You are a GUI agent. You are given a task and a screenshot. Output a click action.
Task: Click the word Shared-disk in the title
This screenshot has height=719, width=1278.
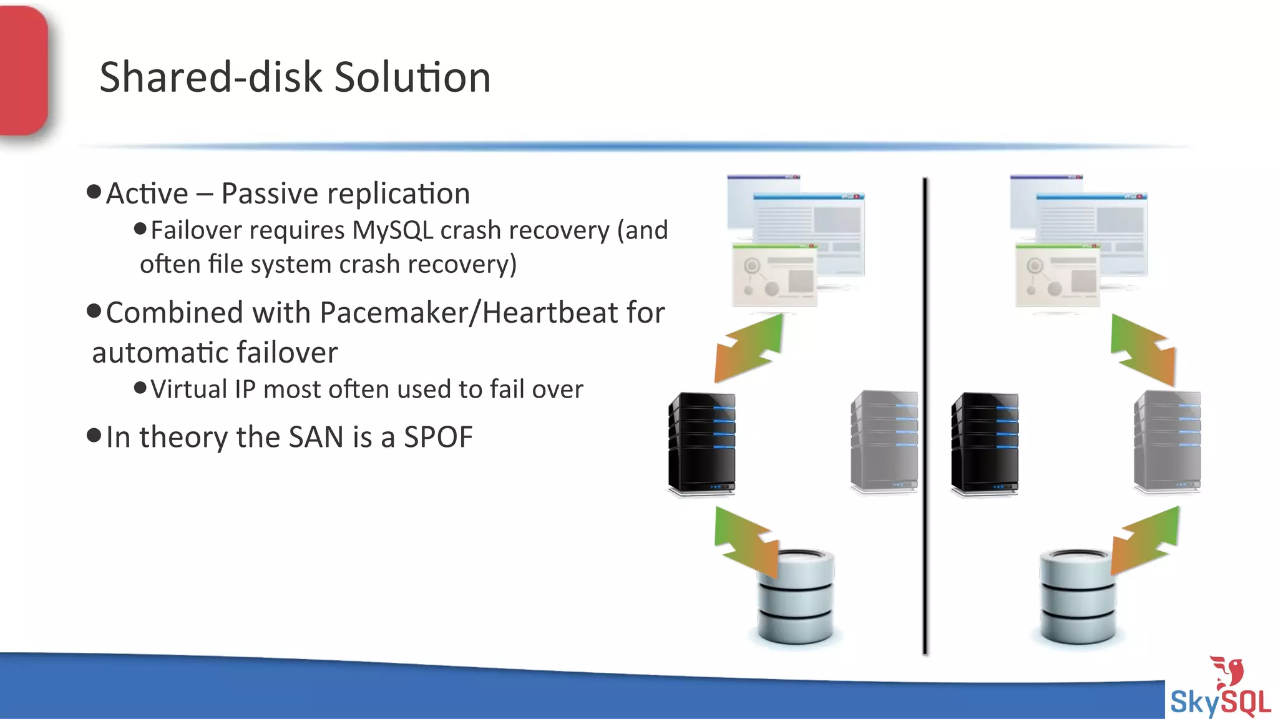point(211,77)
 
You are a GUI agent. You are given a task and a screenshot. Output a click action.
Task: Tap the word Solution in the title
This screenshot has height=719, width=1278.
point(412,77)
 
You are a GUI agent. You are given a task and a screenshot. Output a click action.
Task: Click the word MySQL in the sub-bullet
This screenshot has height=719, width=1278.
point(393,230)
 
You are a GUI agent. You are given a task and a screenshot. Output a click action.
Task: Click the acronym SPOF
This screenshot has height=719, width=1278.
point(438,437)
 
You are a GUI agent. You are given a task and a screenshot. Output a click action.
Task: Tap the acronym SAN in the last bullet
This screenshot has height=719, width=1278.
point(316,437)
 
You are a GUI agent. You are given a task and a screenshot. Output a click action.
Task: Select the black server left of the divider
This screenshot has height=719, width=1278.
point(701,443)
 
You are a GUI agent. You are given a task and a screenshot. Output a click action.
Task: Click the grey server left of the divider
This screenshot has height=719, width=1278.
point(884,441)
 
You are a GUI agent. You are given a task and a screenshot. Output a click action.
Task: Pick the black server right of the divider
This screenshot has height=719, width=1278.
point(984,443)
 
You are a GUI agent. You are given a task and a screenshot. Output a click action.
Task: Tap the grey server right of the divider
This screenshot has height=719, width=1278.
point(1167,441)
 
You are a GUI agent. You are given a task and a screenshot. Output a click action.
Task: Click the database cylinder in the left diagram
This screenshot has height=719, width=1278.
point(796,597)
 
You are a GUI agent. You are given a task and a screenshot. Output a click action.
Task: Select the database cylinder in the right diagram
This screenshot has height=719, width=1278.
point(1078,597)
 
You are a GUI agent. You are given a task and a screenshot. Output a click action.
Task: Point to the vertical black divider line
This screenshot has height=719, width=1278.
point(925,412)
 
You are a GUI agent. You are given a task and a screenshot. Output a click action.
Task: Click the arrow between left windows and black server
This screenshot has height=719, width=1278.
point(749,348)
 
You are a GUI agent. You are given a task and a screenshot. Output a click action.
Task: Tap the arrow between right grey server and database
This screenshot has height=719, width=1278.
point(1146,540)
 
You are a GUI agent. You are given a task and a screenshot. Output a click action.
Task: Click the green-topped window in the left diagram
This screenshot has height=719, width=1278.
point(774,276)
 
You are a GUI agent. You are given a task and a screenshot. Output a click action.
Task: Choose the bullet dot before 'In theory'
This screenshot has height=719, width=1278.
point(94,435)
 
